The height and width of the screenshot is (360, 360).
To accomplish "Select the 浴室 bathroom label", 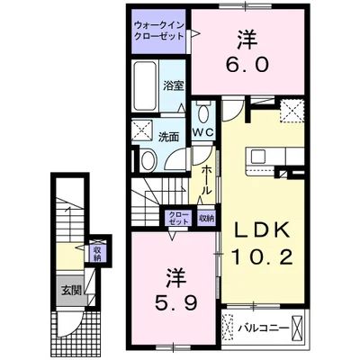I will pos(173,85).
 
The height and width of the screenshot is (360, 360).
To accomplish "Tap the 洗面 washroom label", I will pos(168,137).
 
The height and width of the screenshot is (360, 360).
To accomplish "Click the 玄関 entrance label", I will pos(71,290).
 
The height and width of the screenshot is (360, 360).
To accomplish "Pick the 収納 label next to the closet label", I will pos(206,218).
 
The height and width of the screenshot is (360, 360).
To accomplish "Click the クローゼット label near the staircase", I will pos(178,218).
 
